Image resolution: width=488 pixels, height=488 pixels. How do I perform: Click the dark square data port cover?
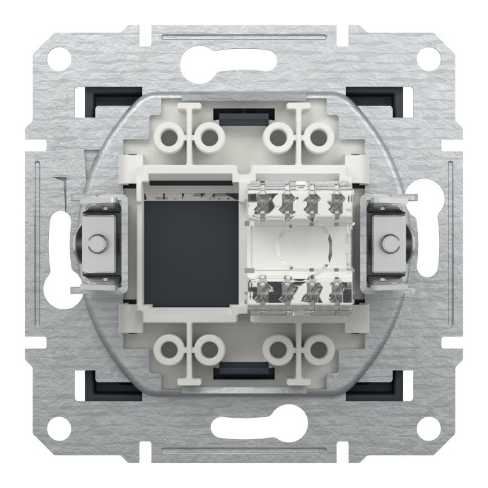190,250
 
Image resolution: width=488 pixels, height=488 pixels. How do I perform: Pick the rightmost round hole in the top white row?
317,137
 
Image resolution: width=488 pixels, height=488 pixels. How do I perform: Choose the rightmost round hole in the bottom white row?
317,350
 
